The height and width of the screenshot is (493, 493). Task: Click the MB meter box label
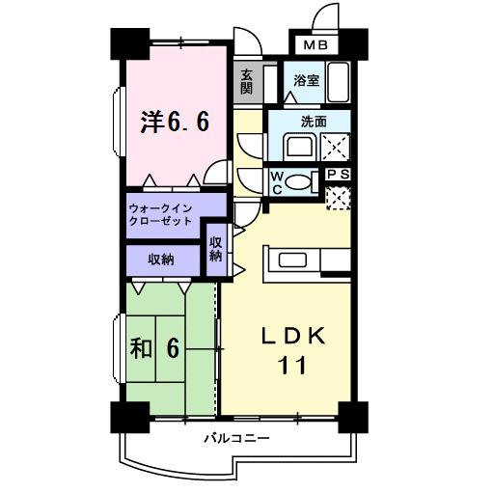(x=316, y=45)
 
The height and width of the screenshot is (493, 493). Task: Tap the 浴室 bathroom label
(x=307, y=81)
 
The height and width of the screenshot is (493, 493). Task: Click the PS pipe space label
(x=338, y=174)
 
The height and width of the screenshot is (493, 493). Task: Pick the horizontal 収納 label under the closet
(x=160, y=259)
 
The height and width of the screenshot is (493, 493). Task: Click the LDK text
(x=297, y=337)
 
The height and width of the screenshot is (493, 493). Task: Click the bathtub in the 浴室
(x=338, y=82)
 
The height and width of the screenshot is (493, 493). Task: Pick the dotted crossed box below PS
(x=338, y=197)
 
